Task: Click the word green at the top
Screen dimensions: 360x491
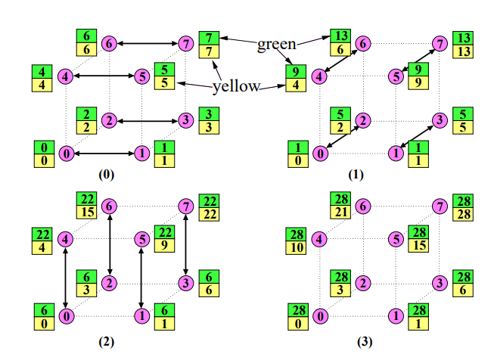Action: pos(276,44)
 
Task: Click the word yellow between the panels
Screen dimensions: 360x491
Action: pos(236,87)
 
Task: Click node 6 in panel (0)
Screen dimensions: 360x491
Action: pos(110,43)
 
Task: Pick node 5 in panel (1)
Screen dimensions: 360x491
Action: pos(395,76)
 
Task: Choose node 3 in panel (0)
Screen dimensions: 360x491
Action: pos(185,119)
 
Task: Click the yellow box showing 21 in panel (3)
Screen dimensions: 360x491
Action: pos(339,213)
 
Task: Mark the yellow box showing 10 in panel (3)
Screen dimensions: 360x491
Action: pos(297,247)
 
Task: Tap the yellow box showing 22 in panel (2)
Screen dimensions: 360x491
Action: pos(208,213)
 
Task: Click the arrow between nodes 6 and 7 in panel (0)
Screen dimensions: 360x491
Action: pos(148,43)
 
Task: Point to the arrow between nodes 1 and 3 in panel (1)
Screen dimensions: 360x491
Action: pos(418,136)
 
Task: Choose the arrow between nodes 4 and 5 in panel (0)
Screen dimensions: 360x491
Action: pos(104,76)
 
